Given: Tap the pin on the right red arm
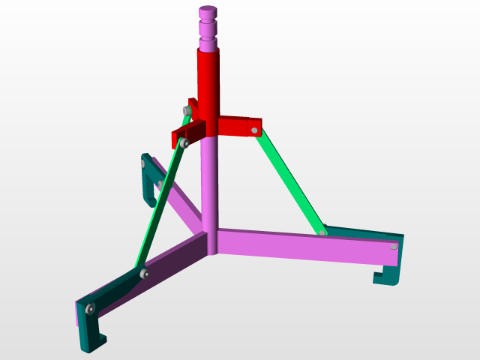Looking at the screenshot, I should (x=255, y=130).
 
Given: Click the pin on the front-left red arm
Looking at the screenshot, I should (x=181, y=142).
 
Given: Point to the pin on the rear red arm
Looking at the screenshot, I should (x=186, y=111).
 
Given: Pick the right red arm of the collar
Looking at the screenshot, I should (x=238, y=125).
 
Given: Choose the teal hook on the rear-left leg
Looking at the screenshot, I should (x=148, y=180).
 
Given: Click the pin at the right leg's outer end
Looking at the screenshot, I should (x=394, y=246).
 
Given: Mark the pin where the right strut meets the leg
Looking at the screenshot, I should (x=322, y=233).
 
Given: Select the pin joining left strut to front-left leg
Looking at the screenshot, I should (x=144, y=274).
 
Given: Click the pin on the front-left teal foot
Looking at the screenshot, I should (x=90, y=308).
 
